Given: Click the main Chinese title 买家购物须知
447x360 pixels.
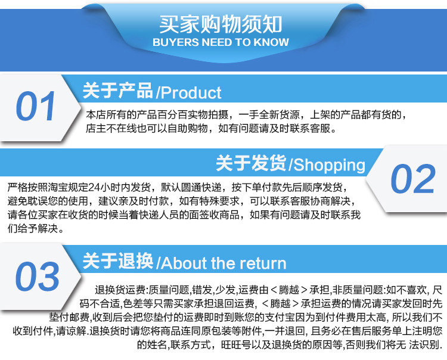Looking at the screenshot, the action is point(221,24).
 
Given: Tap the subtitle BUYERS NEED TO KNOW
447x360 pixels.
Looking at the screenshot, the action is point(221,42).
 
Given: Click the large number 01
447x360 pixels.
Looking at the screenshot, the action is point(36,106).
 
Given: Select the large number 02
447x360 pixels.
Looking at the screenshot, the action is point(413,179).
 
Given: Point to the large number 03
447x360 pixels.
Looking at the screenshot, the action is point(38,277).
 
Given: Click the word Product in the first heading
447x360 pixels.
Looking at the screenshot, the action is point(191,93).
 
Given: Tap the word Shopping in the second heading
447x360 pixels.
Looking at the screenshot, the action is point(329,165).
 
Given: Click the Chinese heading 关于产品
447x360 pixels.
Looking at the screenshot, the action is point(118,91).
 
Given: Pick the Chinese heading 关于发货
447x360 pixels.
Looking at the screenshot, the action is point(251,163).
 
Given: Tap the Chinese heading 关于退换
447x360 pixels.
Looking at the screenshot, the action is point(118,261).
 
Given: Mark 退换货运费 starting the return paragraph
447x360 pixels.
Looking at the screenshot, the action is point(120,290).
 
